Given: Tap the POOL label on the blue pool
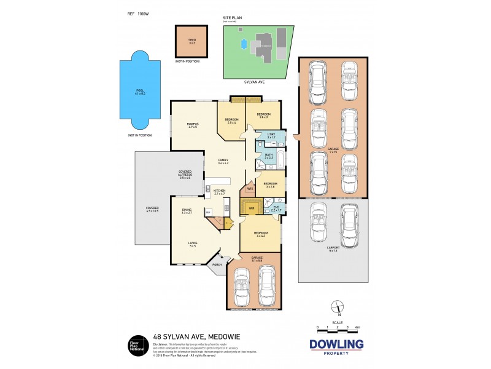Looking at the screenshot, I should (x=140, y=91).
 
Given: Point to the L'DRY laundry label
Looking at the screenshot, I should (x=270, y=135).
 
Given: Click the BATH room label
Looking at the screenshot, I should (x=268, y=156).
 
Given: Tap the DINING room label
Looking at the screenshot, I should (x=187, y=211).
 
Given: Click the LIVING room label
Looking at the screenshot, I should (x=192, y=244).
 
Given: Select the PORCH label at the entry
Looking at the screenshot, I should (x=216, y=267).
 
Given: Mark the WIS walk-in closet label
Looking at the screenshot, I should (x=250, y=189).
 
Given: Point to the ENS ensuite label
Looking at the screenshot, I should (x=276, y=209).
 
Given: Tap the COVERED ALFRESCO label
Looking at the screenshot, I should (x=185, y=174).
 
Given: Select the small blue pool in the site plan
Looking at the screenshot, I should (x=244, y=44).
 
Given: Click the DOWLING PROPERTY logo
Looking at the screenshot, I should (x=336, y=347).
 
